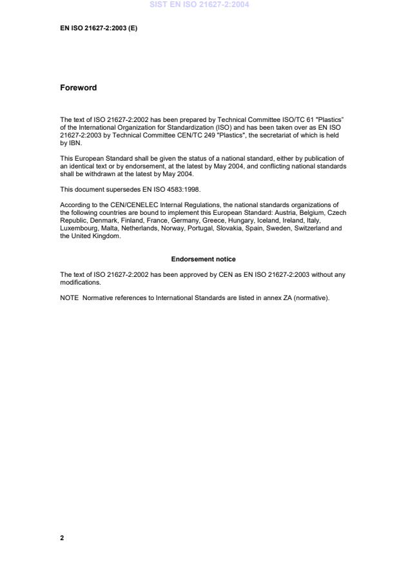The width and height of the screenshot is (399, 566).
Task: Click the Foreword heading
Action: click(x=78, y=88)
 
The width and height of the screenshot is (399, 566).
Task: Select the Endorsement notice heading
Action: click(x=203, y=259)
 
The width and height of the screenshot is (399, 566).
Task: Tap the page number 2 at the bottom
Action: click(x=62, y=538)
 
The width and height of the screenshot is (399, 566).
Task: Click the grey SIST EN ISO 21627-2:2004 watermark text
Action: click(x=199, y=5)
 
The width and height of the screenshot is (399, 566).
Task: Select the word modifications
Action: click(x=80, y=282)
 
